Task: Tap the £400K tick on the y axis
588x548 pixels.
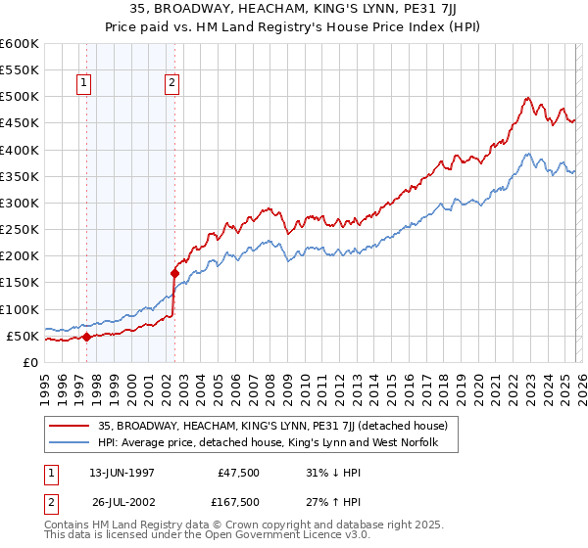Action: [20, 150]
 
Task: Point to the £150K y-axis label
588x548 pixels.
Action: [20, 283]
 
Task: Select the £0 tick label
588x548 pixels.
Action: [29, 362]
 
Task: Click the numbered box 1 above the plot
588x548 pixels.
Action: [85, 84]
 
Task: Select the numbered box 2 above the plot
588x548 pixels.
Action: [171, 84]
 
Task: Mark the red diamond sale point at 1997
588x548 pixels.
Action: [86, 337]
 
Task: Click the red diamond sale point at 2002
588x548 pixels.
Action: [175, 273]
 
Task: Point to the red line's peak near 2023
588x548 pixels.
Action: [527, 97]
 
